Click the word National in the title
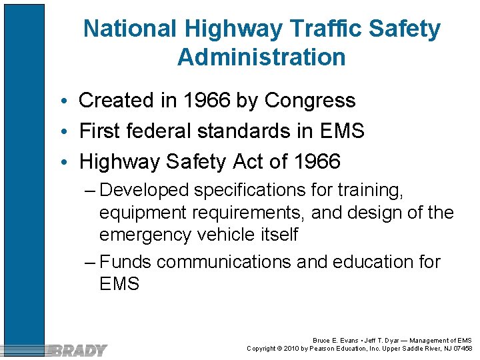click(x=130, y=29)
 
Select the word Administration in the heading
click(x=261, y=57)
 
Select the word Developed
click(x=144, y=191)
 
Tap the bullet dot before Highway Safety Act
click(x=69, y=162)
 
